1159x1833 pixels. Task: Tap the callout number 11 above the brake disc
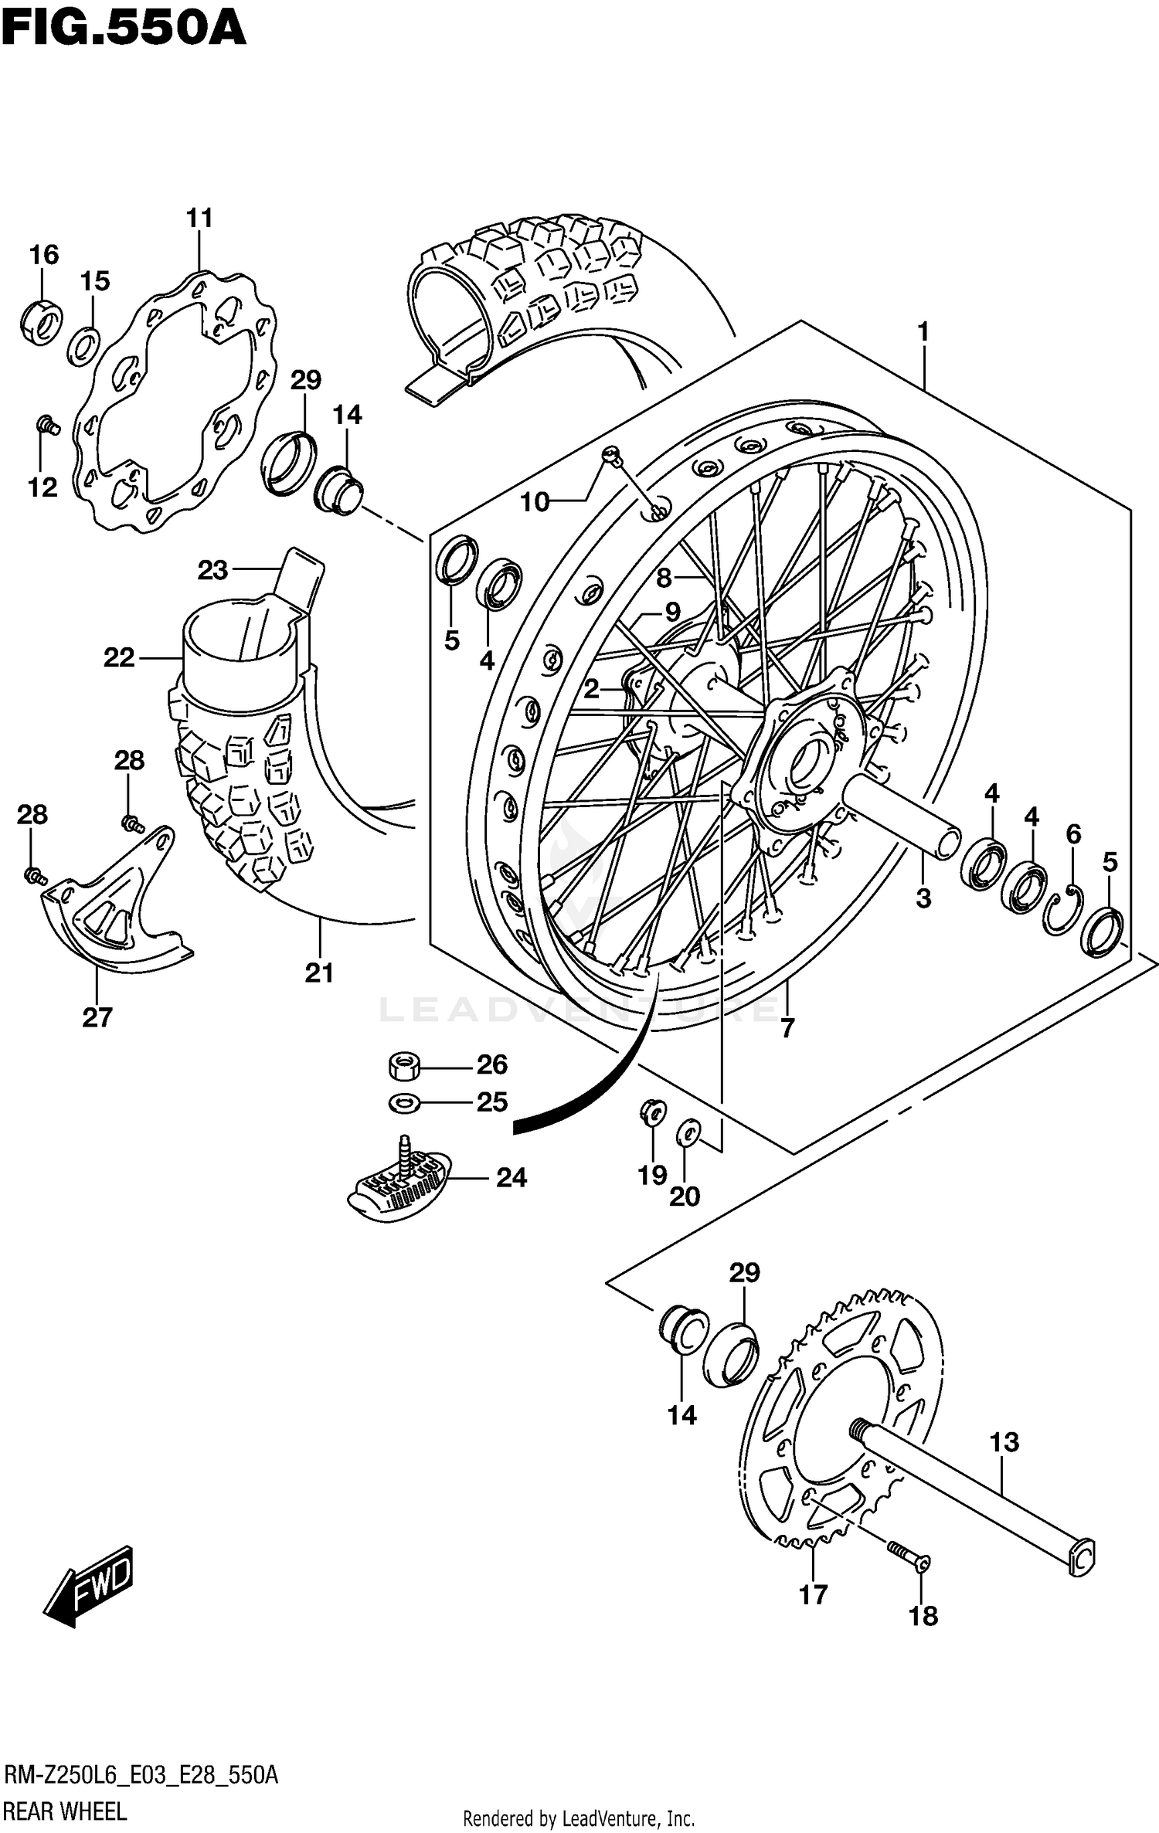[x=199, y=219]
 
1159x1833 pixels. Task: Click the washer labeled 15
[x=83, y=347]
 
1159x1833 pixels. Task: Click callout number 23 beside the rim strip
[x=212, y=570]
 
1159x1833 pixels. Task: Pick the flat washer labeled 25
[x=403, y=1103]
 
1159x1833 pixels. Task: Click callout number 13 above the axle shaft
[x=1004, y=1441]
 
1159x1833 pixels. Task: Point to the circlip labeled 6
[x=1063, y=911]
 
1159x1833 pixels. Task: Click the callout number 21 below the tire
[x=319, y=973]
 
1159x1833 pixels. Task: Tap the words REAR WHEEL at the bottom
[x=66, y=1811]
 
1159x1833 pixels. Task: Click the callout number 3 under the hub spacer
[x=923, y=898]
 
